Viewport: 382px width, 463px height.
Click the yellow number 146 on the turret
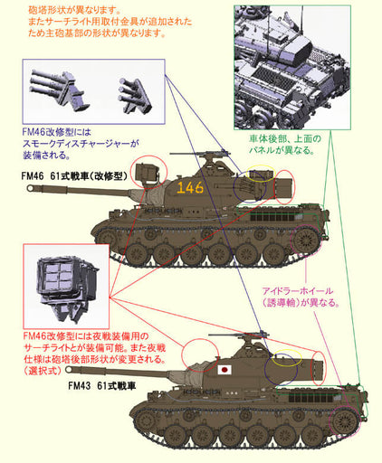(x=191, y=188)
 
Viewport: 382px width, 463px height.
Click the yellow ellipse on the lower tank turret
(x=289, y=359)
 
